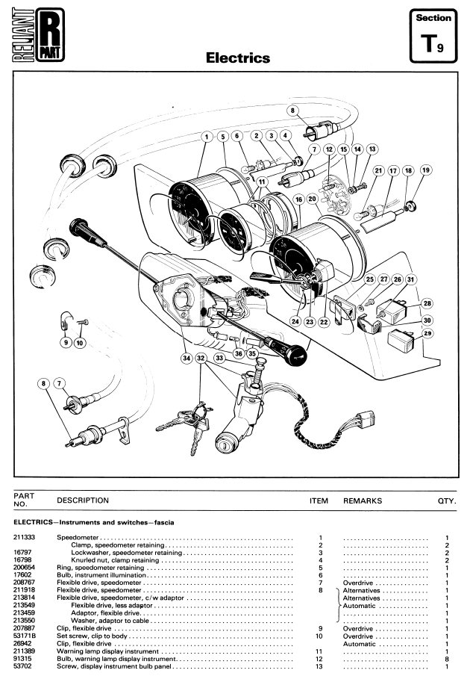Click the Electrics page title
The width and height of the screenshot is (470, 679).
(238, 58)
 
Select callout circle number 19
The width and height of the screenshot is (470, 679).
(426, 170)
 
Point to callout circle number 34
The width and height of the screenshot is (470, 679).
(186, 358)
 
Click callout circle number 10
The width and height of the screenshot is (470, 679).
(80, 343)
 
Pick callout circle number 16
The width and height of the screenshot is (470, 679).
(298, 199)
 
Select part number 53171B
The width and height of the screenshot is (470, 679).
(26, 636)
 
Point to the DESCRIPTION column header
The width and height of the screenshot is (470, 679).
(83, 500)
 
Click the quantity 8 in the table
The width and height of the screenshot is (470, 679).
(446, 660)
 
